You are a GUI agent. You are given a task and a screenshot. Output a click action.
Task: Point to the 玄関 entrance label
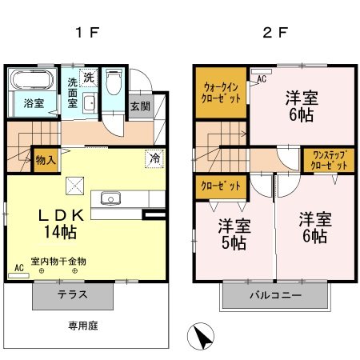coord(140,107)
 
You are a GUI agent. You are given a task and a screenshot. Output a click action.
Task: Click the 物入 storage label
coord(46,160)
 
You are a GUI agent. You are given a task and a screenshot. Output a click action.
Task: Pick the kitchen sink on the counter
coord(110,199)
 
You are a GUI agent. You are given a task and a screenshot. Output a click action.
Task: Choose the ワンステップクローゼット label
coord(329,160)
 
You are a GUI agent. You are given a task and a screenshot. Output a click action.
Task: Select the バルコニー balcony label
coord(274,295)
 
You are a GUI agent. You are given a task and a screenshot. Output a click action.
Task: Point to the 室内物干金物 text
coord(58,262)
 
